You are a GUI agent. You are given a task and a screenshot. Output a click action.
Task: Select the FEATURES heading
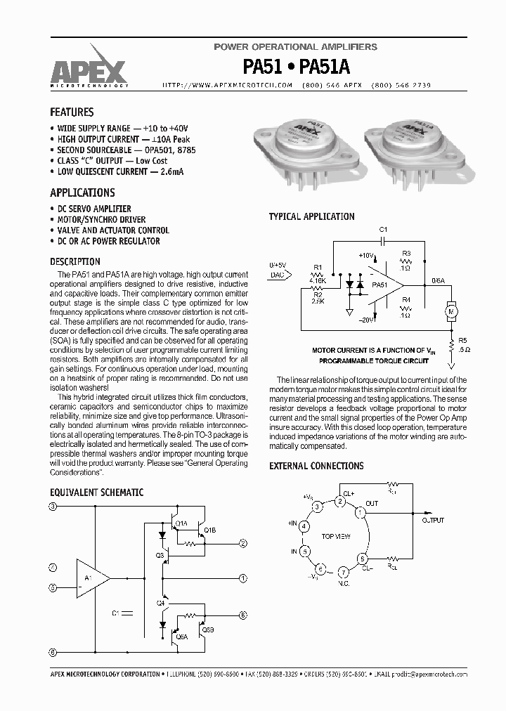[x=72, y=112]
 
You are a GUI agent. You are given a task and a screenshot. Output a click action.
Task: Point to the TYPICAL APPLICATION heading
[x=311, y=216]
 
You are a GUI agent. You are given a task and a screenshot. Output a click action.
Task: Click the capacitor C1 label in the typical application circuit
[x=383, y=230]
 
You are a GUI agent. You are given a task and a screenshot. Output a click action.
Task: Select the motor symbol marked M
[x=452, y=309]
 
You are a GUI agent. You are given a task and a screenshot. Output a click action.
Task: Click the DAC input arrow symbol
[x=278, y=275]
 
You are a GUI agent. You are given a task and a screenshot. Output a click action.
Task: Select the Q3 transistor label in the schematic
[x=160, y=555]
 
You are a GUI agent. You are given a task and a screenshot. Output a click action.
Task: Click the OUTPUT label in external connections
[x=433, y=521]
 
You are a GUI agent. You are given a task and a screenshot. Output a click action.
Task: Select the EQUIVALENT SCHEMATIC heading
[x=96, y=493]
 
